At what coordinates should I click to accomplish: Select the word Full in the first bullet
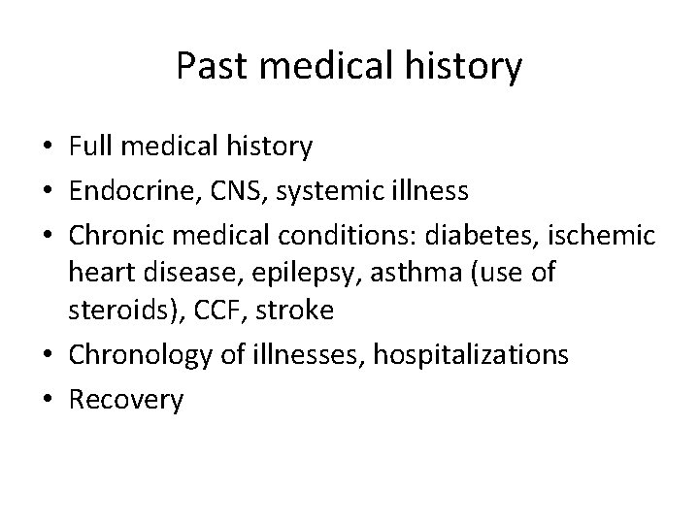[89, 147]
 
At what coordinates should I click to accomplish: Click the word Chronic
[113, 234]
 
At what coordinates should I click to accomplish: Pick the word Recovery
[126, 400]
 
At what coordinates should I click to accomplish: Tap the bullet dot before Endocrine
[48, 190]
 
